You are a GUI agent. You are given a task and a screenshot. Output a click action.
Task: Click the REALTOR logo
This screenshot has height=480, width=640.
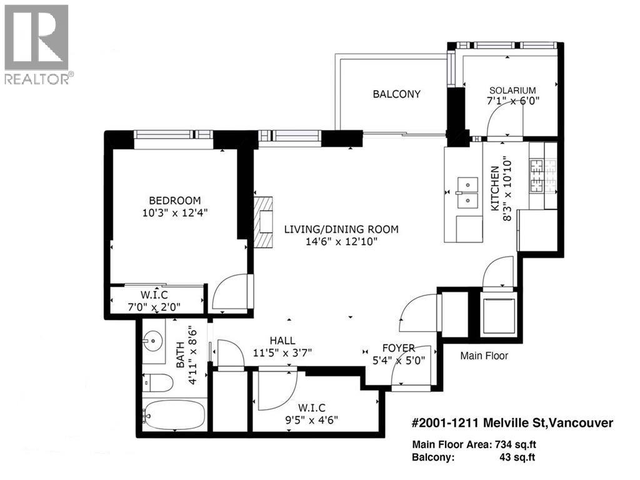(x=37, y=44)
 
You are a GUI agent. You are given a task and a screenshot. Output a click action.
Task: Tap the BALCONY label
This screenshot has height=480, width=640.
(x=396, y=94)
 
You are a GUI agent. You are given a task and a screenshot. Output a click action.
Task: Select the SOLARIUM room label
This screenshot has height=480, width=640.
(x=512, y=90)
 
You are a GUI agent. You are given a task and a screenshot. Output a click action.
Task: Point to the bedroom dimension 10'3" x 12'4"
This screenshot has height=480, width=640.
(x=175, y=213)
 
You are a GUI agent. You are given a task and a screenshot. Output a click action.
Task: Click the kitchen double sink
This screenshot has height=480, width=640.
(x=467, y=191)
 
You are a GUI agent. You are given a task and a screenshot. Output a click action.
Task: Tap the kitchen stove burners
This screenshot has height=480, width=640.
(x=543, y=176)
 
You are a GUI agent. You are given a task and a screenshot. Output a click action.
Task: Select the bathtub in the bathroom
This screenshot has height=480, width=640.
(x=174, y=414)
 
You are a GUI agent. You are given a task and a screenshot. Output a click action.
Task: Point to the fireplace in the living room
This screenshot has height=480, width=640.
(x=263, y=222)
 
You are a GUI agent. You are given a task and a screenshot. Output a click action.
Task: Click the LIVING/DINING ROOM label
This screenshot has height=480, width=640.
(x=341, y=230)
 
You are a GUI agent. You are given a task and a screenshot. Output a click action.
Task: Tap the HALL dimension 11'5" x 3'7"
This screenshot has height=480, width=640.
(x=282, y=352)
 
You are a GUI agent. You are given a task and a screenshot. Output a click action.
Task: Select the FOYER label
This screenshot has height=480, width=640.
(x=399, y=348)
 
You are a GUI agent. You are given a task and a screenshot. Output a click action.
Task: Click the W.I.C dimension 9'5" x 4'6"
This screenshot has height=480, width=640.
(x=312, y=420)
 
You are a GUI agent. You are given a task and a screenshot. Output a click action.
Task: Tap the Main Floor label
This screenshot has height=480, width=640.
(x=484, y=355)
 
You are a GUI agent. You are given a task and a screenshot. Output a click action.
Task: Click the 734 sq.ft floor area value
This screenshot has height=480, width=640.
(x=516, y=444)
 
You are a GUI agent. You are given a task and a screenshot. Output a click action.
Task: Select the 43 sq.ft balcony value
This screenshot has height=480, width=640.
(x=517, y=457)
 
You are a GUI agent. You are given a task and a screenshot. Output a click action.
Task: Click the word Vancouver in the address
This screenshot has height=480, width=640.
(x=580, y=423)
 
